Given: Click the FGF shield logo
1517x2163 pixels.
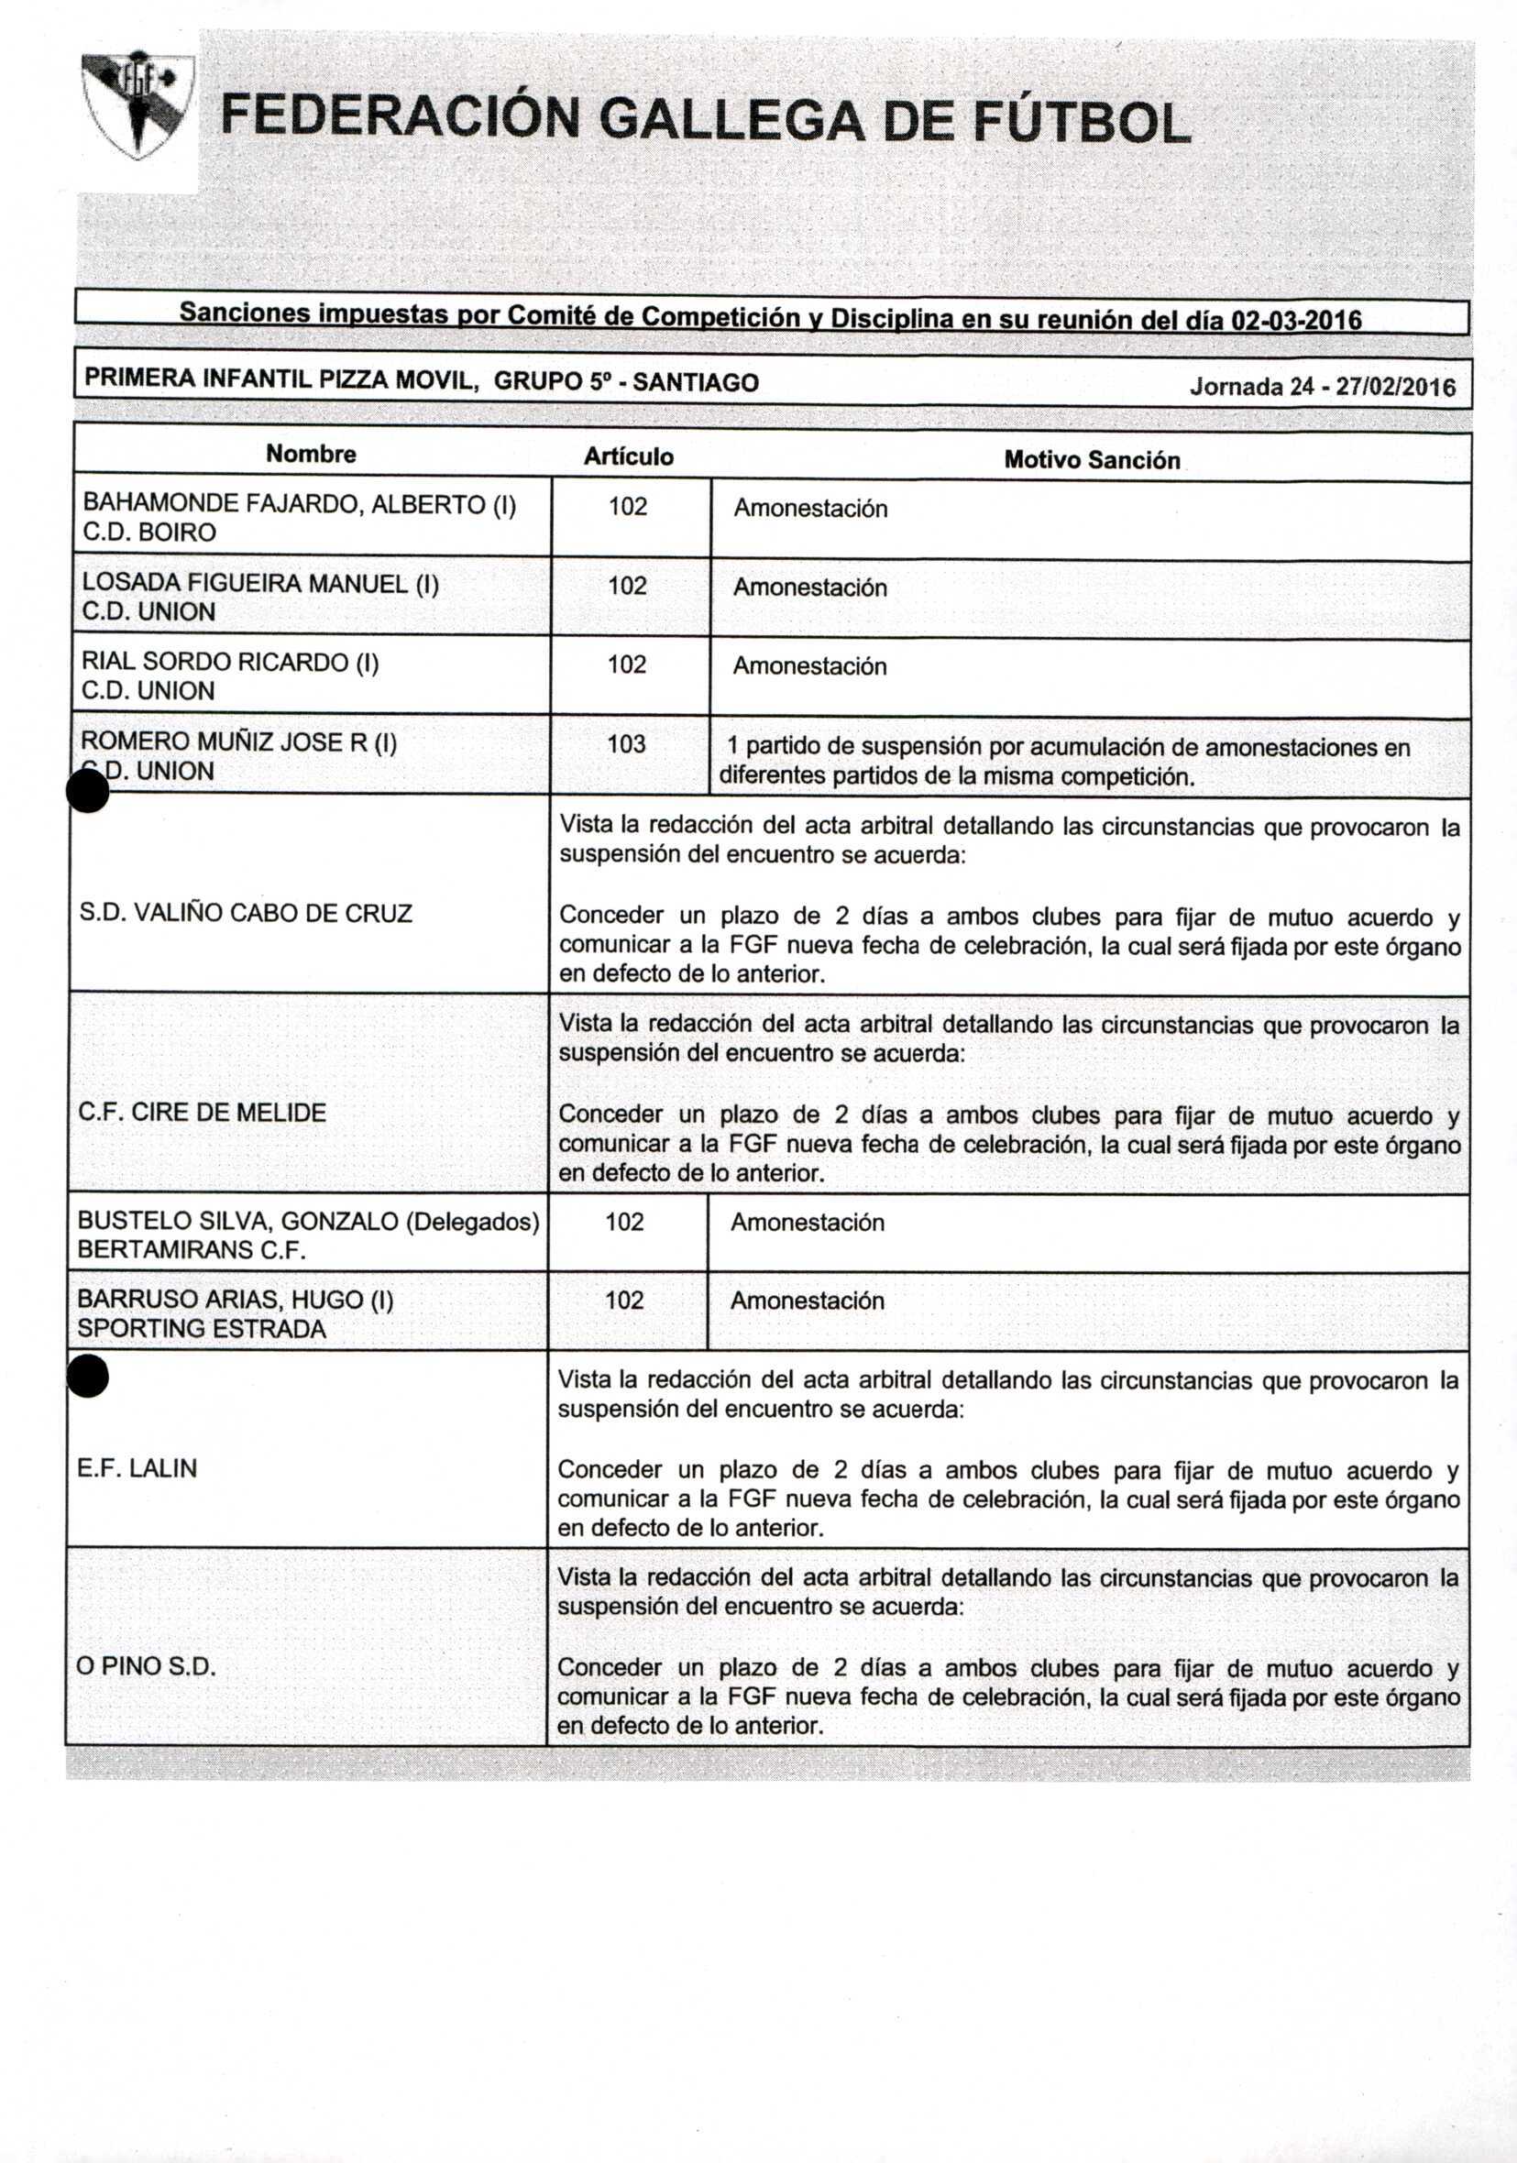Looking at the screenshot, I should (137, 104).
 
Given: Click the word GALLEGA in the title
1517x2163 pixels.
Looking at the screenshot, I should (731, 123).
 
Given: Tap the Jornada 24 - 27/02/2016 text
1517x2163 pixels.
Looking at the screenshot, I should (1321, 387).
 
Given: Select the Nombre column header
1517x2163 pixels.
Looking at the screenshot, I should (311, 454).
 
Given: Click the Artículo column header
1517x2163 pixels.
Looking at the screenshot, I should (629, 457).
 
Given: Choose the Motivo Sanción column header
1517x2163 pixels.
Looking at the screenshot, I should (1091, 460).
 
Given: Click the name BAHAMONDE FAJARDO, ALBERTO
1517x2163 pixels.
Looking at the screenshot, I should (298, 504).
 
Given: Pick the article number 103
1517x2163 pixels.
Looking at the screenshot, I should (627, 744).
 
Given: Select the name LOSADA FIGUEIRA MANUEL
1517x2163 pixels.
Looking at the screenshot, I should (259, 583).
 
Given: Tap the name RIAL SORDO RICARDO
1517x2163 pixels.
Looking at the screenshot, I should (229, 663).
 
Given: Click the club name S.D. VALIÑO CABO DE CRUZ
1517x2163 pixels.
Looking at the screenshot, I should (246, 913).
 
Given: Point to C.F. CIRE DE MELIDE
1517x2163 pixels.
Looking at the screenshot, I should (202, 1112).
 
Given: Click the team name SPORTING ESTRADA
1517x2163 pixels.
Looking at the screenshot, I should (202, 1328).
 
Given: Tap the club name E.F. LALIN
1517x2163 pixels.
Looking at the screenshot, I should (137, 1467).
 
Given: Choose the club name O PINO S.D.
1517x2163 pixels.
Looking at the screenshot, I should (146, 1665).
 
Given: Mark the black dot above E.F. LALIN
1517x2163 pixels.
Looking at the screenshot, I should (88, 1378).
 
